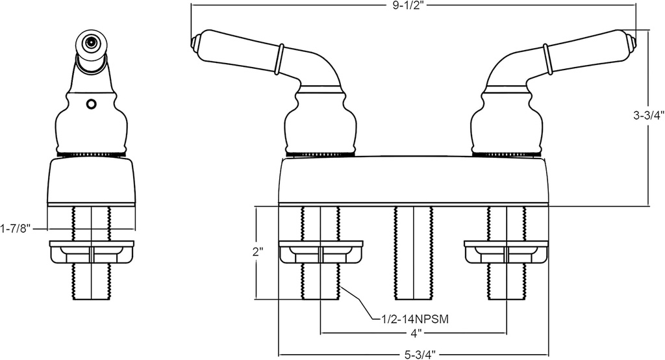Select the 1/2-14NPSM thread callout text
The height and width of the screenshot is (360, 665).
pyautogui.click(x=410, y=319)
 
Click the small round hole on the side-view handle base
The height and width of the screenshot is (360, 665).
pyautogui.click(x=91, y=103)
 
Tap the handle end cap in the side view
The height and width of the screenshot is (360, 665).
pyautogui.click(x=90, y=44)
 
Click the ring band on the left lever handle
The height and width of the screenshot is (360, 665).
pyautogui.click(x=280, y=59)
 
